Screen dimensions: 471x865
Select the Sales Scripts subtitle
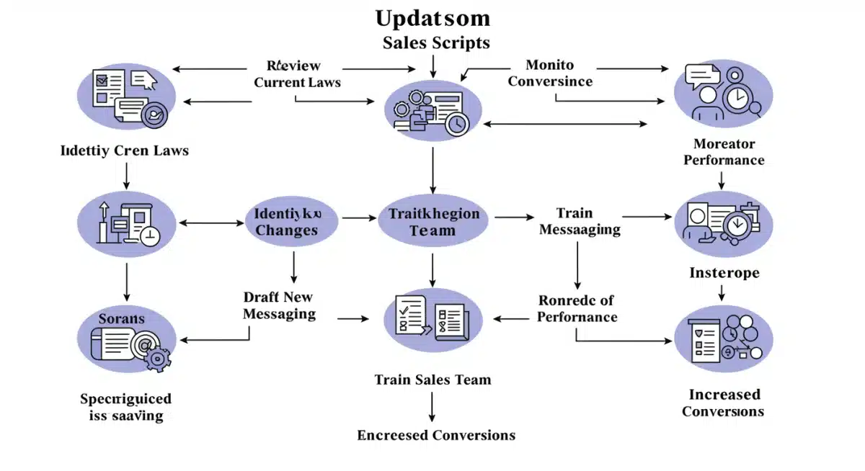(x=435, y=42)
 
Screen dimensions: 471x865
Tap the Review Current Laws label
(x=297, y=74)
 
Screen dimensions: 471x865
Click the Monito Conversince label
(x=550, y=73)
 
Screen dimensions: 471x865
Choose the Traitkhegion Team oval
(x=432, y=222)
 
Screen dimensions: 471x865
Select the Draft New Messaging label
(x=279, y=305)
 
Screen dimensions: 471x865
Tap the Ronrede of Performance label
(x=577, y=308)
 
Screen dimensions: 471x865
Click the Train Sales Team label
(x=432, y=380)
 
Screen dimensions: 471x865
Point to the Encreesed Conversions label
(x=436, y=435)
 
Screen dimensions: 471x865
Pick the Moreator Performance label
(x=724, y=152)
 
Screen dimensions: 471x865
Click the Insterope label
(x=724, y=273)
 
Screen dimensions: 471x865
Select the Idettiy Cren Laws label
(x=125, y=151)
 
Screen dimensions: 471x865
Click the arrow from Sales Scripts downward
(x=432, y=64)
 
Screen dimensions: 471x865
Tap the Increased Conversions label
(x=724, y=403)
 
